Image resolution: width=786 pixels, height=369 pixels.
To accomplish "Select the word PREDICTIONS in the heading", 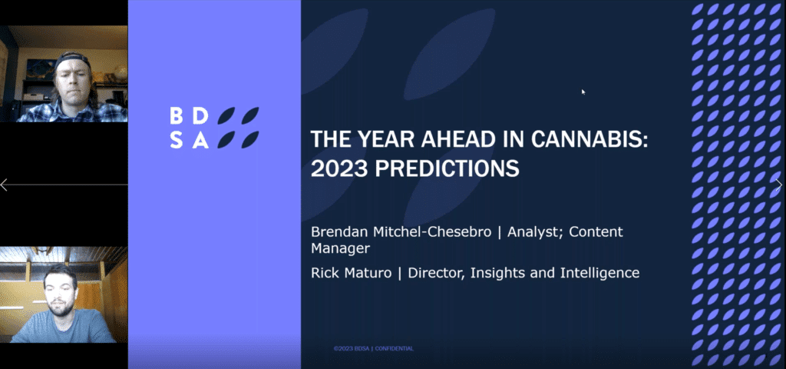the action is [x=447, y=168].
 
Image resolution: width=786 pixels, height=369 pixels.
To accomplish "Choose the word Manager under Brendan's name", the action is [x=340, y=249].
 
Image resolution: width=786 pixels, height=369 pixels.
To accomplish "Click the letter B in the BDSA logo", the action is [x=177, y=116].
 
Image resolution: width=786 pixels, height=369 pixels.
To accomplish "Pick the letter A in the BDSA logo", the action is [x=200, y=141].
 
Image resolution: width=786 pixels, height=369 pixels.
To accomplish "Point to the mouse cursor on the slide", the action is [x=583, y=92].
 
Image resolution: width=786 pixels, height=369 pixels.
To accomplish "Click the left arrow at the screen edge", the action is [x=4, y=184].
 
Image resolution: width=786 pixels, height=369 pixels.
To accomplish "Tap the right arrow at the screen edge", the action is [x=778, y=184].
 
